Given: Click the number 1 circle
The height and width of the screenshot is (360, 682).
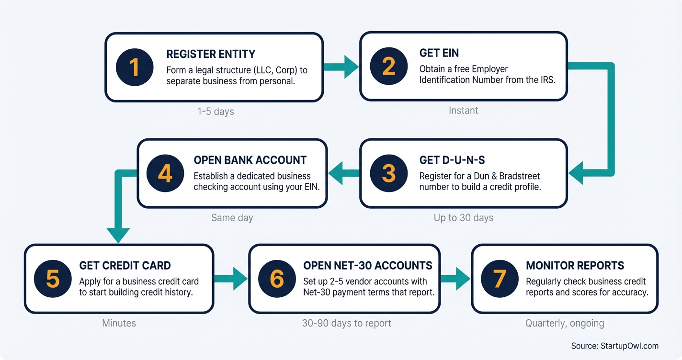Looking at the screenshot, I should pyautogui.click(x=135, y=67).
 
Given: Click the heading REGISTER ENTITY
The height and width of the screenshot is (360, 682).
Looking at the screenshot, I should pyautogui.click(x=211, y=54).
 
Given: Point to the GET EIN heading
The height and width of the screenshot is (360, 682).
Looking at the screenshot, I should pyautogui.click(x=439, y=53).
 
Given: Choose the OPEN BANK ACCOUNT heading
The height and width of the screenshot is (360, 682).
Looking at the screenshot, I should pyautogui.click(x=250, y=160).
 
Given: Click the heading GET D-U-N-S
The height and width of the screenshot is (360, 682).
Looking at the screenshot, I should pyautogui.click(x=453, y=160).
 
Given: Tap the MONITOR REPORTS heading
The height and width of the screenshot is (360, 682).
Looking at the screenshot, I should pyautogui.click(x=575, y=266).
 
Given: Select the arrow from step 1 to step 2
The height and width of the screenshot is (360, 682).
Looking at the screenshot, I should pyautogui.click(x=341, y=67).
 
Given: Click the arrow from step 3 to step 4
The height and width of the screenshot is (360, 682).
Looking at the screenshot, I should pyautogui.click(x=344, y=173).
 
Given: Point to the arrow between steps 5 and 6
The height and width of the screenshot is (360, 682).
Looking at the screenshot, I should pyautogui.click(x=231, y=279).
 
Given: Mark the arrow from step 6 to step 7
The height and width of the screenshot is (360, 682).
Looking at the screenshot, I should pyautogui.click(x=455, y=279).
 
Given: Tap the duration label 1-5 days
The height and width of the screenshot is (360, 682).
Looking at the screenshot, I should pyautogui.click(x=216, y=112).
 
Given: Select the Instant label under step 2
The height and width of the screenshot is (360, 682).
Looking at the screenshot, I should pyautogui.click(x=463, y=111).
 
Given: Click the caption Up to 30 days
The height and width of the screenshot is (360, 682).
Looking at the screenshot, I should pyautogui.click(x=463, y=218).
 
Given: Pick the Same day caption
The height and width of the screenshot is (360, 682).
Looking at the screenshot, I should pyautogui.click(x=232, y=218).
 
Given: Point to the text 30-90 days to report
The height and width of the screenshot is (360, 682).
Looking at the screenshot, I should pyautogui.click(x=346, y=323).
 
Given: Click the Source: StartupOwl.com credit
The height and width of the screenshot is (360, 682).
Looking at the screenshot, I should pyautogui.click(x=614, y=346).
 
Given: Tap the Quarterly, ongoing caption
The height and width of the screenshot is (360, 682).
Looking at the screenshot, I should pyautogui.click(x=565, y=323).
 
